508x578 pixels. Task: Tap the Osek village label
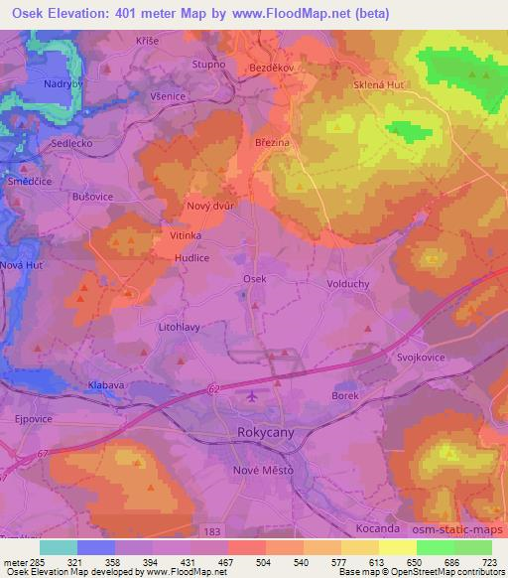pos(255,279)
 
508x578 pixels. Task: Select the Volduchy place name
pos(348,283)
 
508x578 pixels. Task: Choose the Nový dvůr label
pos(209,206)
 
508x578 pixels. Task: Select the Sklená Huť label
pos(378,85)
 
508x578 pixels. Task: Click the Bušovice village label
pos(94,197)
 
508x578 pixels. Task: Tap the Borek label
pos(345,395)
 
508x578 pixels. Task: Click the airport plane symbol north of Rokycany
pos(251,397)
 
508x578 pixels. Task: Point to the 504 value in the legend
pos(250,560)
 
